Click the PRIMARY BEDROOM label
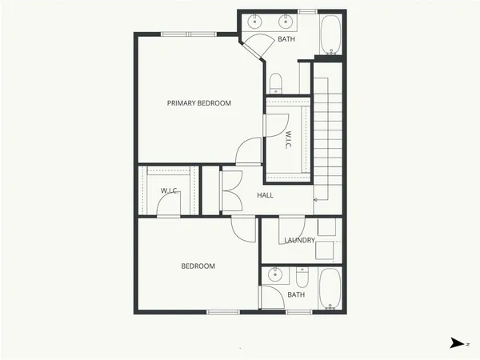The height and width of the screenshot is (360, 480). pos(198,103)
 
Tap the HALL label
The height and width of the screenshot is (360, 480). pos(266,195)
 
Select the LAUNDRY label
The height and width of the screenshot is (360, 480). pos(299,240)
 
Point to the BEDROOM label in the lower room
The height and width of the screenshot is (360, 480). pos(198,266)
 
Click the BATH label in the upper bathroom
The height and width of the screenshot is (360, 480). pos(286,39)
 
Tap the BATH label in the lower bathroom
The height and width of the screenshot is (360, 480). pos(296,294)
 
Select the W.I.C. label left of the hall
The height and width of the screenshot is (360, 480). pos(169,190)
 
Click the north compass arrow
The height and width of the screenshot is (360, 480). pos(456,343)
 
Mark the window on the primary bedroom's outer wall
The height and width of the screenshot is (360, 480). pos(187,34)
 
